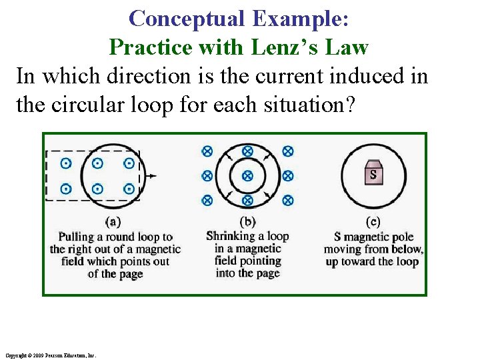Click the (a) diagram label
[113, 221]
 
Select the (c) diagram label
[374, 221]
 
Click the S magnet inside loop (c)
[374, 174]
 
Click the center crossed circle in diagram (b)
[247, 176]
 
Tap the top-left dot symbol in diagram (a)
[66, 163]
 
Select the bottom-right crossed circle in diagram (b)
[288, 200]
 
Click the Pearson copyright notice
[51, 355]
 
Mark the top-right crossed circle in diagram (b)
[288, 151]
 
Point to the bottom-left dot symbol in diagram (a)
[66, 189]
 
